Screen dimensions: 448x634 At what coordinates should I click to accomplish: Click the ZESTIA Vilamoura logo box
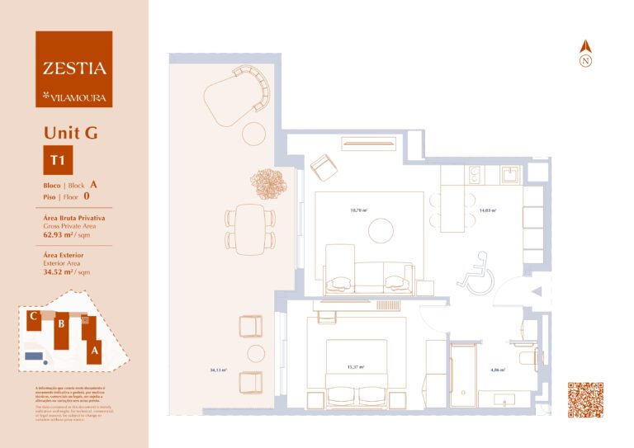click(x=74, y=69)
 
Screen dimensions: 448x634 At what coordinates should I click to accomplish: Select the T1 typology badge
click(x=59, y=161)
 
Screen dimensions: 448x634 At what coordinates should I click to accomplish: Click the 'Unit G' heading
click(x=70, y=133)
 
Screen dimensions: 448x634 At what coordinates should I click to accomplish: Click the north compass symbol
click(x=585, y=54)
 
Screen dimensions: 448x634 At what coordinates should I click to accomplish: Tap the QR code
click(x=585, y=400)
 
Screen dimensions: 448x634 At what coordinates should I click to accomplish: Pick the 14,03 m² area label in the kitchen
click(x=488, y=210)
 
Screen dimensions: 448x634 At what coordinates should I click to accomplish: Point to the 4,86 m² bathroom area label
click(x=497, y=370)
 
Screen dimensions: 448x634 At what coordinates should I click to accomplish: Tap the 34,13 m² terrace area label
click(x=219, y=370)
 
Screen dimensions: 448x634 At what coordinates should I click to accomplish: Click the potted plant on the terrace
click(x=268, y=181)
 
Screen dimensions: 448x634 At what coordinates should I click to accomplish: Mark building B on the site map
click(x=60, y=324)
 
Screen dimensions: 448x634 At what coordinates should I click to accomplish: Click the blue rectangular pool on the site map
click(x=34, y=356)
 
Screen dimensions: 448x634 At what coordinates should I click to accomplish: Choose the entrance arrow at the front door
click(x=536, y=291)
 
